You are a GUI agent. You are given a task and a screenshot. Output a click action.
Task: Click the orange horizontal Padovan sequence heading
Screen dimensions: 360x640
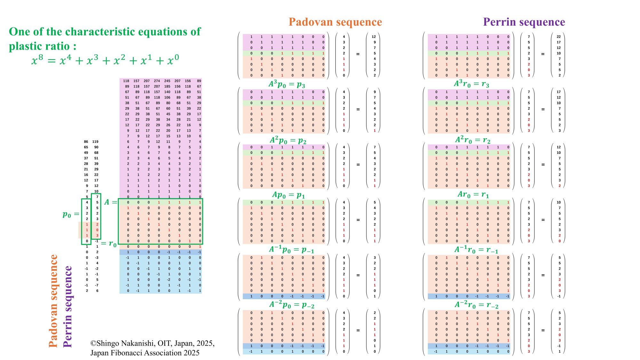(x=335, y=22)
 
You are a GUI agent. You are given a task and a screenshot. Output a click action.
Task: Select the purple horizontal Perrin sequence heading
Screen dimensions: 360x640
(x=524, y=22)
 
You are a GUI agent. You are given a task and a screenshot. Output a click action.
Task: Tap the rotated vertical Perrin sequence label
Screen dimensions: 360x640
(x=68, y=306)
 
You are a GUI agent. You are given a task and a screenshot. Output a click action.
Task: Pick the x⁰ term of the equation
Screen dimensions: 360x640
(x=173, y=60)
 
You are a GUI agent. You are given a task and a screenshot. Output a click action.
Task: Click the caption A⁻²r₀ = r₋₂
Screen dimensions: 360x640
(x=476, y=305)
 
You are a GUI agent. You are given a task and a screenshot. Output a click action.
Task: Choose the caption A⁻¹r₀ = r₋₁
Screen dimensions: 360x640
(x=476, y=250)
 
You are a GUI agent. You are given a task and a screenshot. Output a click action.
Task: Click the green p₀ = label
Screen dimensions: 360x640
(x=71, y=214)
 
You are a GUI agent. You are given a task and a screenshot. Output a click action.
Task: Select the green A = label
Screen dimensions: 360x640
(x=111, y=202)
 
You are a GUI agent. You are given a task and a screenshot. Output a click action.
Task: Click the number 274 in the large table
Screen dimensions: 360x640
(x=157, y=81)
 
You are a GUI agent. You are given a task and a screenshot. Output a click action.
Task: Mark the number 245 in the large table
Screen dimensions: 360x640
(x=167, y=81)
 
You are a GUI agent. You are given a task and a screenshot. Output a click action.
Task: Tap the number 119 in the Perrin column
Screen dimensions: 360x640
(x=95, y=141)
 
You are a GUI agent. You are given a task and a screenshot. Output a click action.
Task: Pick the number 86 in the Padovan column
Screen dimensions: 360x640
(x=86, y=141)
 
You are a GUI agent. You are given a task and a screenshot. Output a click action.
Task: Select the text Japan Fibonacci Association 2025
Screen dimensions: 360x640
(x=145, y=353)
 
